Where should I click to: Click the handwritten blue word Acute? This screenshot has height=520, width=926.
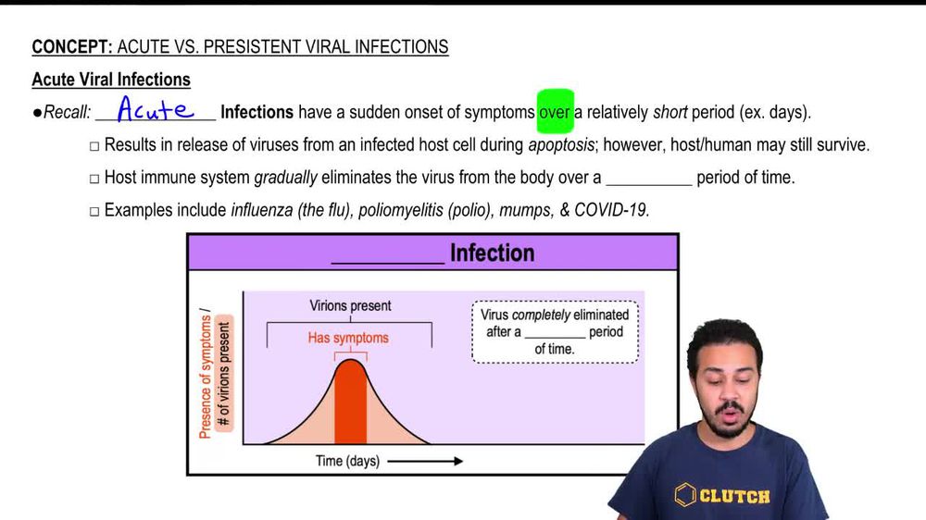(x=155, y=110)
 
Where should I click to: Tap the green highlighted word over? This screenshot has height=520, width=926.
(x=556, y=112)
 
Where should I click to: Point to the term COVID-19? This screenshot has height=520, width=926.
(x=611, y=210)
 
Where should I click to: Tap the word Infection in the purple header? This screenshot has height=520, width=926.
(x=492, y=253)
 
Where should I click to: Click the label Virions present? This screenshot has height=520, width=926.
(x=350, y=305)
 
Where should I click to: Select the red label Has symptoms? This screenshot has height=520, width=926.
(x=348, y=338)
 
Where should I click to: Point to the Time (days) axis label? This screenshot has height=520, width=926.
(x=347, y=461)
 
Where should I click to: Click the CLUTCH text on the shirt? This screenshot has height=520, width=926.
(x=734, y=496)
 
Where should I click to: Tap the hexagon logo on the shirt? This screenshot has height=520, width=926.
(x=685, y=494)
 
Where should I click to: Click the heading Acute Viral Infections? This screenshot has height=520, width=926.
(x=111, y=80)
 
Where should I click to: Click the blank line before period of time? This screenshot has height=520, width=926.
(x=648, y=178)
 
